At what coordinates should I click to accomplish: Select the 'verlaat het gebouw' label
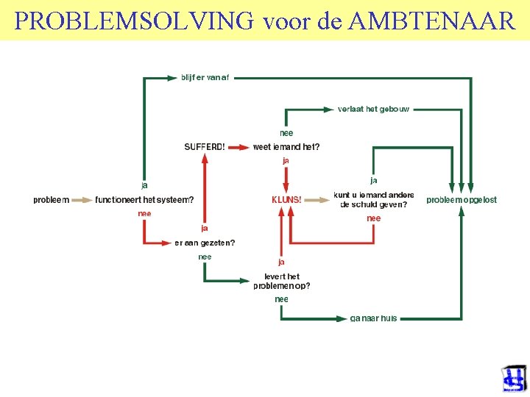click(x=373, y=109)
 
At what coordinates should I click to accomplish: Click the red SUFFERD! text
click(x=205, y=147)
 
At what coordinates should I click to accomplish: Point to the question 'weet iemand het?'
click(x=286, y=147)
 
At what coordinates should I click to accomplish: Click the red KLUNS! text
click(x=286, y=199)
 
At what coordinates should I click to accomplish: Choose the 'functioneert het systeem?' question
click(x=144, y=199)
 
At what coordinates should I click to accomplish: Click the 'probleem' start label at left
click(x=51, y=199)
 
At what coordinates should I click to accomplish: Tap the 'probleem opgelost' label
click(x=462, y=199)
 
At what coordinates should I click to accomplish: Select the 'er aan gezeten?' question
click(x=205, y=243)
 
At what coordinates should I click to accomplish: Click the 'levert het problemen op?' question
click(x=282, y=281)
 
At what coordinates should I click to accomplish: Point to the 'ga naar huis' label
click(x=373, y=318)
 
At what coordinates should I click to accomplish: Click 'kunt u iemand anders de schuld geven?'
click(x=374, y=200)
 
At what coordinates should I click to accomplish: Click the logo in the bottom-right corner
click(x=514, y=379)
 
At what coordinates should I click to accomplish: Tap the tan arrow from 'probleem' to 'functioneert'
click(x=81, y=199)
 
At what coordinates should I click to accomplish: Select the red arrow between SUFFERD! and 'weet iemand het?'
click(x=238, y=147)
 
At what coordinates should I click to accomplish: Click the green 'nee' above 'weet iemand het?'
click(x=286, y=133)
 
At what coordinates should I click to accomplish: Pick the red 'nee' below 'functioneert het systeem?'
click(x=144, y=213)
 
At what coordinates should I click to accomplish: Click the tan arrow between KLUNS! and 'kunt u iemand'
click(x=317, y=199)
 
